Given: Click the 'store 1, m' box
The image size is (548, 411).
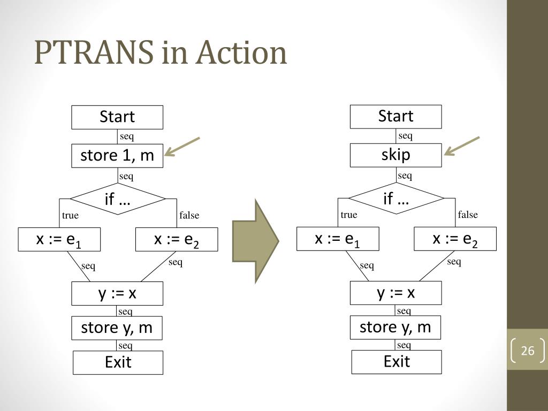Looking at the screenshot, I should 118,156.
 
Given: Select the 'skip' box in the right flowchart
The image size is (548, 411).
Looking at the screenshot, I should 396,155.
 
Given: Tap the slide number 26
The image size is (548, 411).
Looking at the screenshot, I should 528,351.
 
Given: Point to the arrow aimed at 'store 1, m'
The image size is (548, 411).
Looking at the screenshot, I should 182,147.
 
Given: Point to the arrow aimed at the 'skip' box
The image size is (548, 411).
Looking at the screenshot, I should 462,146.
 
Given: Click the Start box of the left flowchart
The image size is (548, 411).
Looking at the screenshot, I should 118,117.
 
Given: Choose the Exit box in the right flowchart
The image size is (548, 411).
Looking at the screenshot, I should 397,362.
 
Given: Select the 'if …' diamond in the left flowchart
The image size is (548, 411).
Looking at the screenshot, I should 118,200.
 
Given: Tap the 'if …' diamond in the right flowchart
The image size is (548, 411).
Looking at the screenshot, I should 396,199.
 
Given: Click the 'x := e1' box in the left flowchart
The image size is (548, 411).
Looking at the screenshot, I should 59,240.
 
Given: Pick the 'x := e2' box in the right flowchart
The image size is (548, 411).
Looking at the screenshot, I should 455,239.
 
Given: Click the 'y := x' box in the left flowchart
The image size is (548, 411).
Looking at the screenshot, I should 118,293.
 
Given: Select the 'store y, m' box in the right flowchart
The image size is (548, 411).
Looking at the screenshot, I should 395,327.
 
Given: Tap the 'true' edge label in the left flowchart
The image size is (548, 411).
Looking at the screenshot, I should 70,216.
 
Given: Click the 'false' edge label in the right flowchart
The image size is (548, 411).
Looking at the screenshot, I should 468,215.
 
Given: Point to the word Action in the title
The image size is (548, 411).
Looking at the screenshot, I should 241,54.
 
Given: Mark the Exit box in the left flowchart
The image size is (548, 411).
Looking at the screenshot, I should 118,363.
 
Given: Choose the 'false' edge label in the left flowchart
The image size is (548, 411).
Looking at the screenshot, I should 189,216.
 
